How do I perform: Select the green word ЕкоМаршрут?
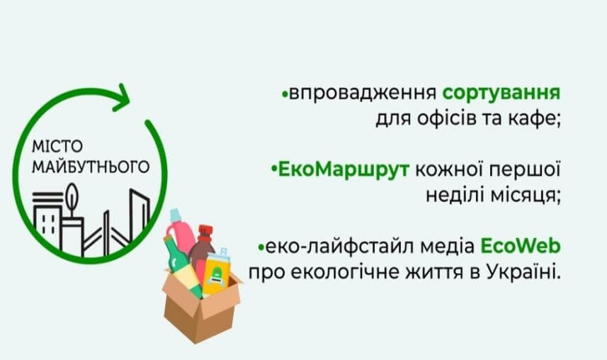point(344,169)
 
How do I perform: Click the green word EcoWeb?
point(521,246)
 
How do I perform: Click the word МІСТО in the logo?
point(57,147)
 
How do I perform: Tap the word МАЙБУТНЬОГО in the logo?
point(91,167)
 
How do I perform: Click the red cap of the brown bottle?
point(206,231)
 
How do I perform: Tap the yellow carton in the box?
point(217,274)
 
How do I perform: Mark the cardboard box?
point(201,306)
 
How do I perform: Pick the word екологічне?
point(344,271)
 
